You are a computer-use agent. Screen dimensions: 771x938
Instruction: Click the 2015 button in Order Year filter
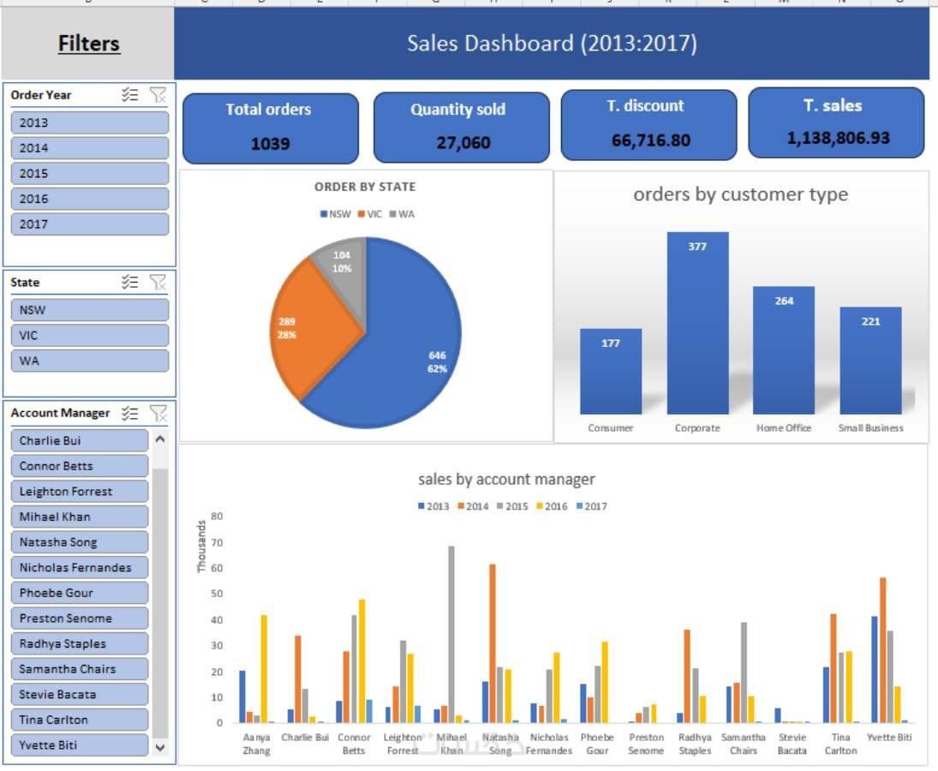(x=89, y=173)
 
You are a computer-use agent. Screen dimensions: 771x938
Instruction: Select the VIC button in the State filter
(x=89, y=335)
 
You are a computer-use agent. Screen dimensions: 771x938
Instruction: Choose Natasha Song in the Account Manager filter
(x=80, y=542)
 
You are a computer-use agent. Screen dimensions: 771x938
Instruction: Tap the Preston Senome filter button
(x=80, y=619)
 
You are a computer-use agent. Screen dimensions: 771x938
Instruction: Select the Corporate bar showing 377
(x=697, y=326)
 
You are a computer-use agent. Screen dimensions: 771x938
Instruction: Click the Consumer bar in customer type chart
(x=610, y=373)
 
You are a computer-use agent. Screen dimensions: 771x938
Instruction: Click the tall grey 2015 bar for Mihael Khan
(x=451, y=634)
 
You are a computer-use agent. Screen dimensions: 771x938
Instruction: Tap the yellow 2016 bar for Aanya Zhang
(x=264, y=668)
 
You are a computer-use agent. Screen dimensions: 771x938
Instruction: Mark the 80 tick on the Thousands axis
(x=217, y=517)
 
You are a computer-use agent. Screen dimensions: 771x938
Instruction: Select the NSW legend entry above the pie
(x=336, y=214)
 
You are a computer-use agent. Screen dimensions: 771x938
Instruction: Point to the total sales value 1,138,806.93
(x=838, y=137)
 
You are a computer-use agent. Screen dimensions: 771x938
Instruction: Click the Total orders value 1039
(x=270, y=144)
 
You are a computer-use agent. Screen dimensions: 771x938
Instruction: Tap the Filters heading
(x=89, y=44)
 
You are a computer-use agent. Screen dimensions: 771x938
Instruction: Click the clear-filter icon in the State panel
(x=158, y=282)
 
